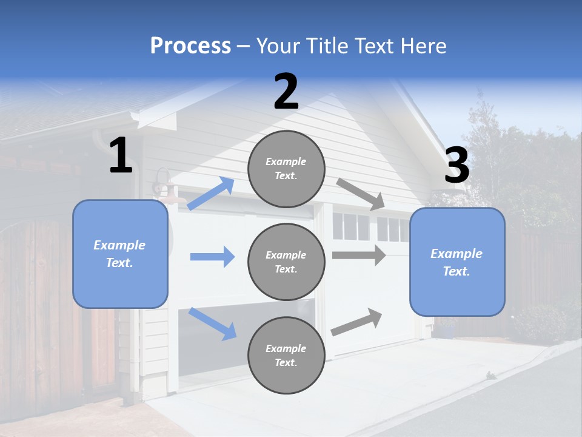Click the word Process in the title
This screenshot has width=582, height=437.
[190, 46]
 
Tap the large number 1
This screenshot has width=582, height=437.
[121, 156]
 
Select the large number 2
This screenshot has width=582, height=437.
[286, 92]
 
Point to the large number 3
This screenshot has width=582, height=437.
[457, 166]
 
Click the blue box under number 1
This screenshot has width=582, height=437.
[120, 254]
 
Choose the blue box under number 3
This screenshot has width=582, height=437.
[457, 262]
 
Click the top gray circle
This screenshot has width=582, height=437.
[286, 169]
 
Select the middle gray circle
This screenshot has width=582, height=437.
[286, 262]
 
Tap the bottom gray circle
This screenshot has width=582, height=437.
[286, 355]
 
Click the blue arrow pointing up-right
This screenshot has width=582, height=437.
[210, 194]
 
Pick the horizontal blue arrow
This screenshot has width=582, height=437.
[212, 257]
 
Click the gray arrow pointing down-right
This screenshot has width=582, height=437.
[361, 194]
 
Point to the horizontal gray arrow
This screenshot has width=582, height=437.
[359, 255]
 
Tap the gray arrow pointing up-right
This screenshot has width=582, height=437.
[357, 322]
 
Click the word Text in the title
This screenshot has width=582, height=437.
[372, 46]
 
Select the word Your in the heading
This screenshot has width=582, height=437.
[278, 46]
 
